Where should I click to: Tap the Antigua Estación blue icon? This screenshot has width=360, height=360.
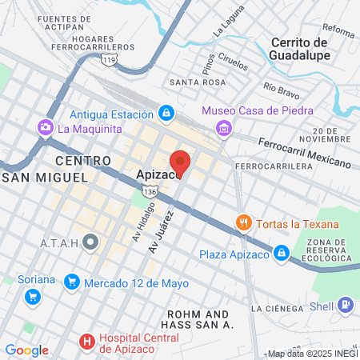click(166, 113)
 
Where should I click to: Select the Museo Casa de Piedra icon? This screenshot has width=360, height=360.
click(225, 127)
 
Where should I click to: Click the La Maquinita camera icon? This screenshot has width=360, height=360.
click(45, 127)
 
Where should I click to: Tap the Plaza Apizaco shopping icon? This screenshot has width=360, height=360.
click(281, 254)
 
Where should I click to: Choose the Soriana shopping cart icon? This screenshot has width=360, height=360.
click(33, 297)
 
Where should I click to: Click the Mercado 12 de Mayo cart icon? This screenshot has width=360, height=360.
click(72, 281)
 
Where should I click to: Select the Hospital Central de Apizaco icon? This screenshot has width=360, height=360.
click(87, 342)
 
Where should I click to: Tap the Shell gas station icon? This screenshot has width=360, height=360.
click(345, 304)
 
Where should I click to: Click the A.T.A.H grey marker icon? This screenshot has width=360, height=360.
click(91, 240)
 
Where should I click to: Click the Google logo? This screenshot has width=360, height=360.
click(26, 350)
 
